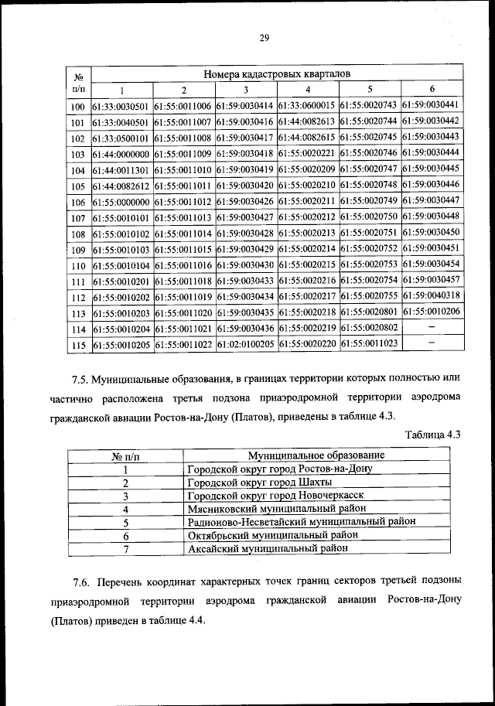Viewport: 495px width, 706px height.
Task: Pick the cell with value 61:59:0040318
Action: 432,295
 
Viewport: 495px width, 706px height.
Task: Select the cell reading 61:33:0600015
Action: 308,106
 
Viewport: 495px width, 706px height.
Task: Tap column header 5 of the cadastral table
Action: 370,89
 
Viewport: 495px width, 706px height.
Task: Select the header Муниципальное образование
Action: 316,455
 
